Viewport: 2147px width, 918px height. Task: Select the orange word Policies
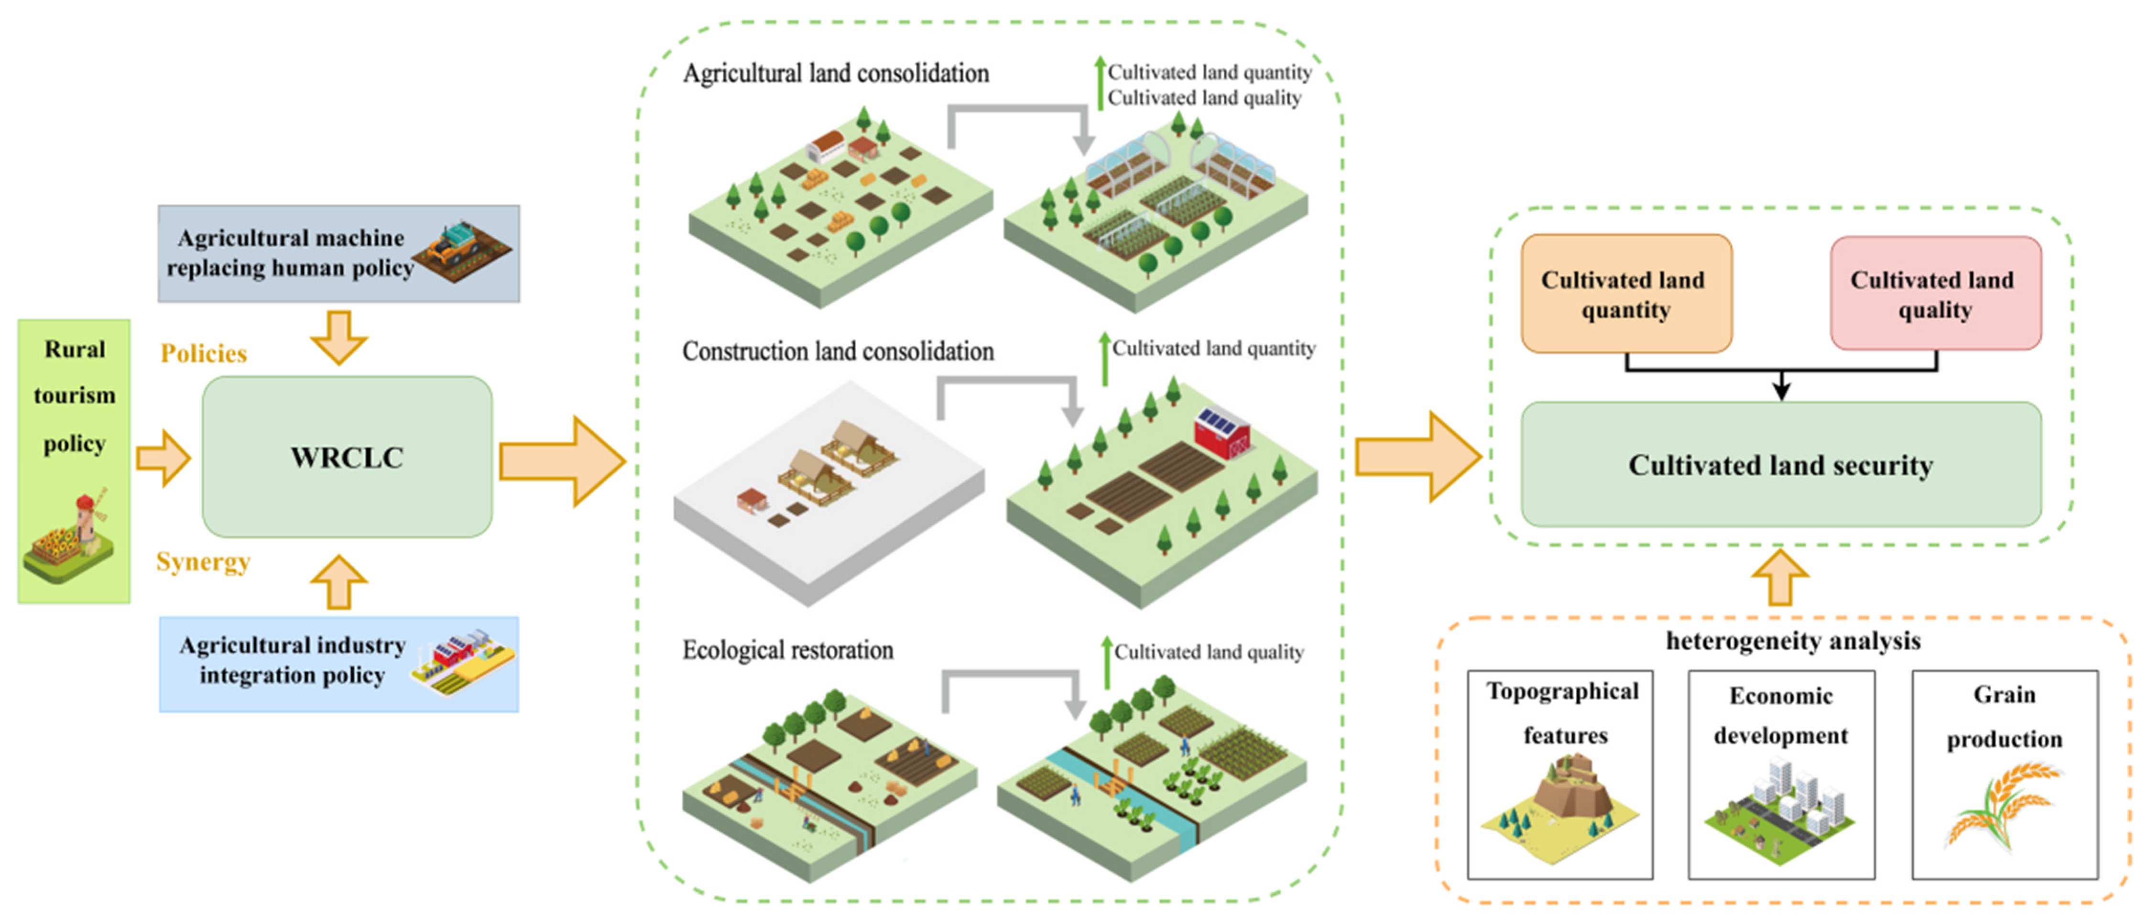pos(203,353)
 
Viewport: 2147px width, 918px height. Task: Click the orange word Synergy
pos(203,562)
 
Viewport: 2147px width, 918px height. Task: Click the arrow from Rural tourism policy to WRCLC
pos(163,458)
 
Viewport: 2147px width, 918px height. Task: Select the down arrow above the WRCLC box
pos(338,337)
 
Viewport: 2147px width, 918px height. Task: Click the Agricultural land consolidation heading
pos(836,73)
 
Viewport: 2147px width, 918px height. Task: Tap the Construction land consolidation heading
pos(838,351)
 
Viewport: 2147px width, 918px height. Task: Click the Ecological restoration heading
pos(788,649)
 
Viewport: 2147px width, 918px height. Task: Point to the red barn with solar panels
pos(1221,434)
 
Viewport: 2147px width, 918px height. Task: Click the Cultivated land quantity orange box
pos(1626,294)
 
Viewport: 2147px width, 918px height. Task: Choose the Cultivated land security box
pos(1781,464)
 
